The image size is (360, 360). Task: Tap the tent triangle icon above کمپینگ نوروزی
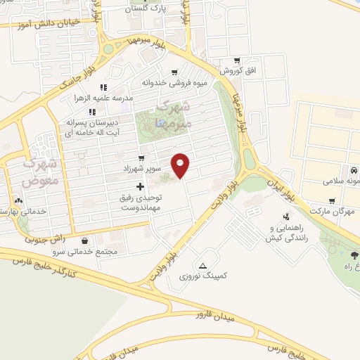click(202, 265)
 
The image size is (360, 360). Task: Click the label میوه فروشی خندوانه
click(174, 82)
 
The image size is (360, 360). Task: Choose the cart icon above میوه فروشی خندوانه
click(174, 72)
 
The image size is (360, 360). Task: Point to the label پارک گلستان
click(148, 8)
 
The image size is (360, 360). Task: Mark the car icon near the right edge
click(354, 171)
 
